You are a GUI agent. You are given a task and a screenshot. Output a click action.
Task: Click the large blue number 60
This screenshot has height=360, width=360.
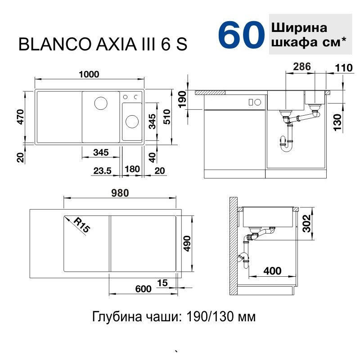coord(241,35)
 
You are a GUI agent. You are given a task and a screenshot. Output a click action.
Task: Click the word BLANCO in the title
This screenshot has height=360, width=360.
coord(55,44)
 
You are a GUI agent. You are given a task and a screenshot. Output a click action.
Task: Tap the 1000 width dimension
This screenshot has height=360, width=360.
coord(89,74)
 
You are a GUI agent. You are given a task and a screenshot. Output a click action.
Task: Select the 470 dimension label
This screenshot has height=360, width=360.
coord(20,117)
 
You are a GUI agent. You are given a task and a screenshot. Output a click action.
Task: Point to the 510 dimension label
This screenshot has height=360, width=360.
coord(167,117)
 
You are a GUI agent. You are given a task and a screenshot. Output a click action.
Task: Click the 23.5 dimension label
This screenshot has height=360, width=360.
coord(102,171)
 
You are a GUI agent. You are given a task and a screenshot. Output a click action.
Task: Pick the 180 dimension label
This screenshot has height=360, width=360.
coord(132,169)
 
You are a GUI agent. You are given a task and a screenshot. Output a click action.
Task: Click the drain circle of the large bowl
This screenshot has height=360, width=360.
coord(101,103)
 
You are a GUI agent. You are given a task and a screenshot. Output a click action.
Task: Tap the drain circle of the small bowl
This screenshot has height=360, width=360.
coord(132,121)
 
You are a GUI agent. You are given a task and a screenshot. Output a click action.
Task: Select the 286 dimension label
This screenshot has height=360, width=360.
coord(302,67)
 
